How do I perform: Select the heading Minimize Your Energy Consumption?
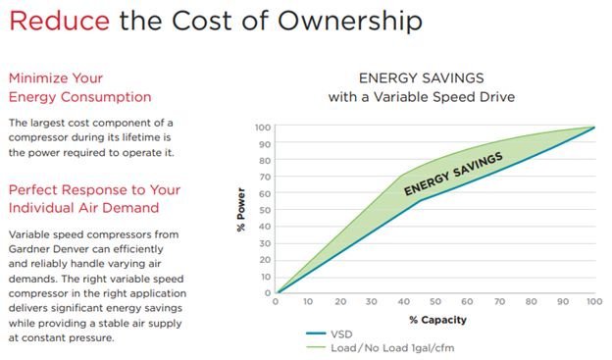click(x=78, y=86)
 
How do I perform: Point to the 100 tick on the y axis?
click(x=262, y=128)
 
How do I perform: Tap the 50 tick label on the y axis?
click(x=264, y=210)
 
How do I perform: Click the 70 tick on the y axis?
click(x=264, y=177)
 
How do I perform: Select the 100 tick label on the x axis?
click(x=593, y=301)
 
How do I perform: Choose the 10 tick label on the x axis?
click(x=307, y=301)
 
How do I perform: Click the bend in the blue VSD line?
click(x=420, y=200)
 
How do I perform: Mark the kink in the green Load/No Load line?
click(x=401, y=177)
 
